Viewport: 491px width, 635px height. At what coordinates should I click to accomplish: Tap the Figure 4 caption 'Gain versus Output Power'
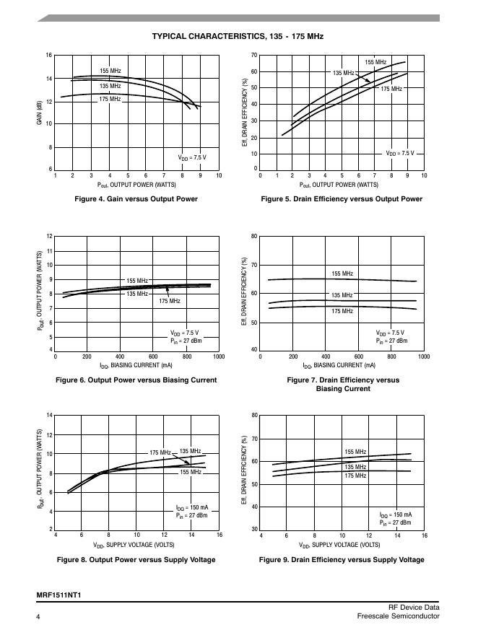136,199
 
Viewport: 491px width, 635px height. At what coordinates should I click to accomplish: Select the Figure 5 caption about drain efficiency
342,199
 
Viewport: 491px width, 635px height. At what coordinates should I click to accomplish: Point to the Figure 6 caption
136,380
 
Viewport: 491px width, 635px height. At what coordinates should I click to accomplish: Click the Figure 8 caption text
136,560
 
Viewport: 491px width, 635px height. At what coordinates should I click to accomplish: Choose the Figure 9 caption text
342,560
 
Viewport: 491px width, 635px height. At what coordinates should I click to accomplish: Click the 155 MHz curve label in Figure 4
110,71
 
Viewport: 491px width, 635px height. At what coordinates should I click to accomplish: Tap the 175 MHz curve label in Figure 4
110,98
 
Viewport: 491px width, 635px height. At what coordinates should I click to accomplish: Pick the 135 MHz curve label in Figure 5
343,73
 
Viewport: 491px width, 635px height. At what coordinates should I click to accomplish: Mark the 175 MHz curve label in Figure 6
170,301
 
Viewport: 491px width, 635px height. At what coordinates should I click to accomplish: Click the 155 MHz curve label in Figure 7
342,274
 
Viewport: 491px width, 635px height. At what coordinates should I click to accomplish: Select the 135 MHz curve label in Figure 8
190,451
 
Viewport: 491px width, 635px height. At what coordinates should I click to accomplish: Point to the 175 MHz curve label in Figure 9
355,476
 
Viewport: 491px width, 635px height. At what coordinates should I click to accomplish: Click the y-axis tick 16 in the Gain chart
49,56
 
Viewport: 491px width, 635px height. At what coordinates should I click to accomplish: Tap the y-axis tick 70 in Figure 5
254,56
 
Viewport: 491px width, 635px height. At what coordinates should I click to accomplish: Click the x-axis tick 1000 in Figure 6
219,356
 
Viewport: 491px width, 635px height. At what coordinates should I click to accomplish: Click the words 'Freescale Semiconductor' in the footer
398,616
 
